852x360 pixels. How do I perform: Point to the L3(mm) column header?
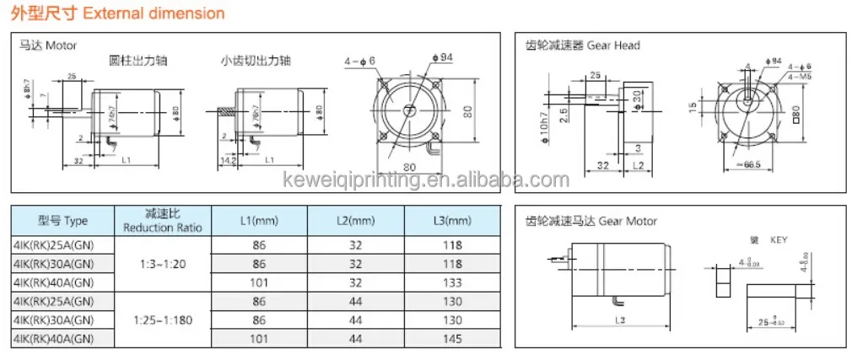click(451, 221)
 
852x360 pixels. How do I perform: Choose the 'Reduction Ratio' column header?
click(161, 221)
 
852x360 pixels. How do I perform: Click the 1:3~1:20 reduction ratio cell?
click(161, 263)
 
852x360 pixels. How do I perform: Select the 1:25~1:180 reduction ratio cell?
click(161, 320)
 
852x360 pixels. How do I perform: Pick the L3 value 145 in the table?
click(451, 339)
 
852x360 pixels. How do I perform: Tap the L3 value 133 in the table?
click(451, 282)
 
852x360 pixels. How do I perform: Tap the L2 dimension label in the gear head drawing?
click(638, 165)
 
